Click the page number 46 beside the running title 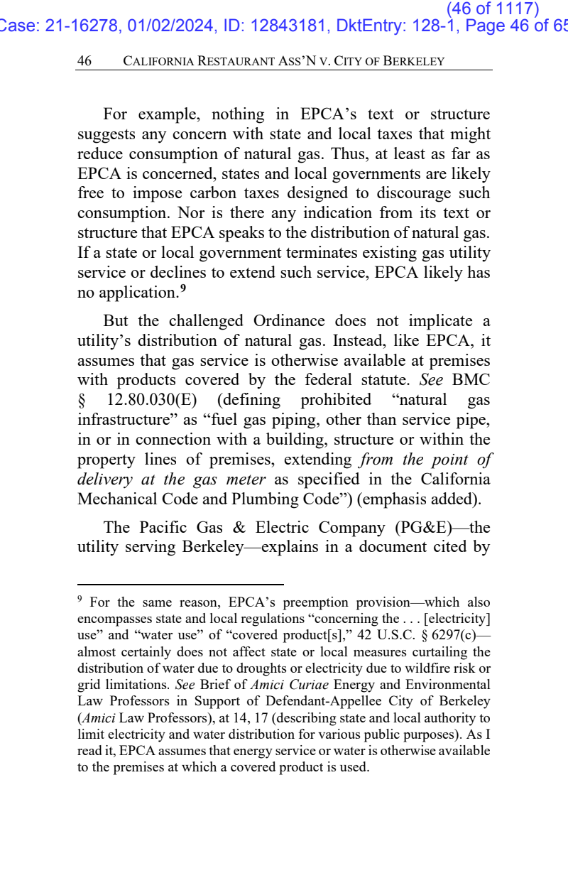[x=84, y=61]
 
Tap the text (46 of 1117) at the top [x=493, y=9]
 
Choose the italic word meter [x=244, y=479]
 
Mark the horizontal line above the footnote [x=180, y=585]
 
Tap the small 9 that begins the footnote [x=80, y=601]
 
